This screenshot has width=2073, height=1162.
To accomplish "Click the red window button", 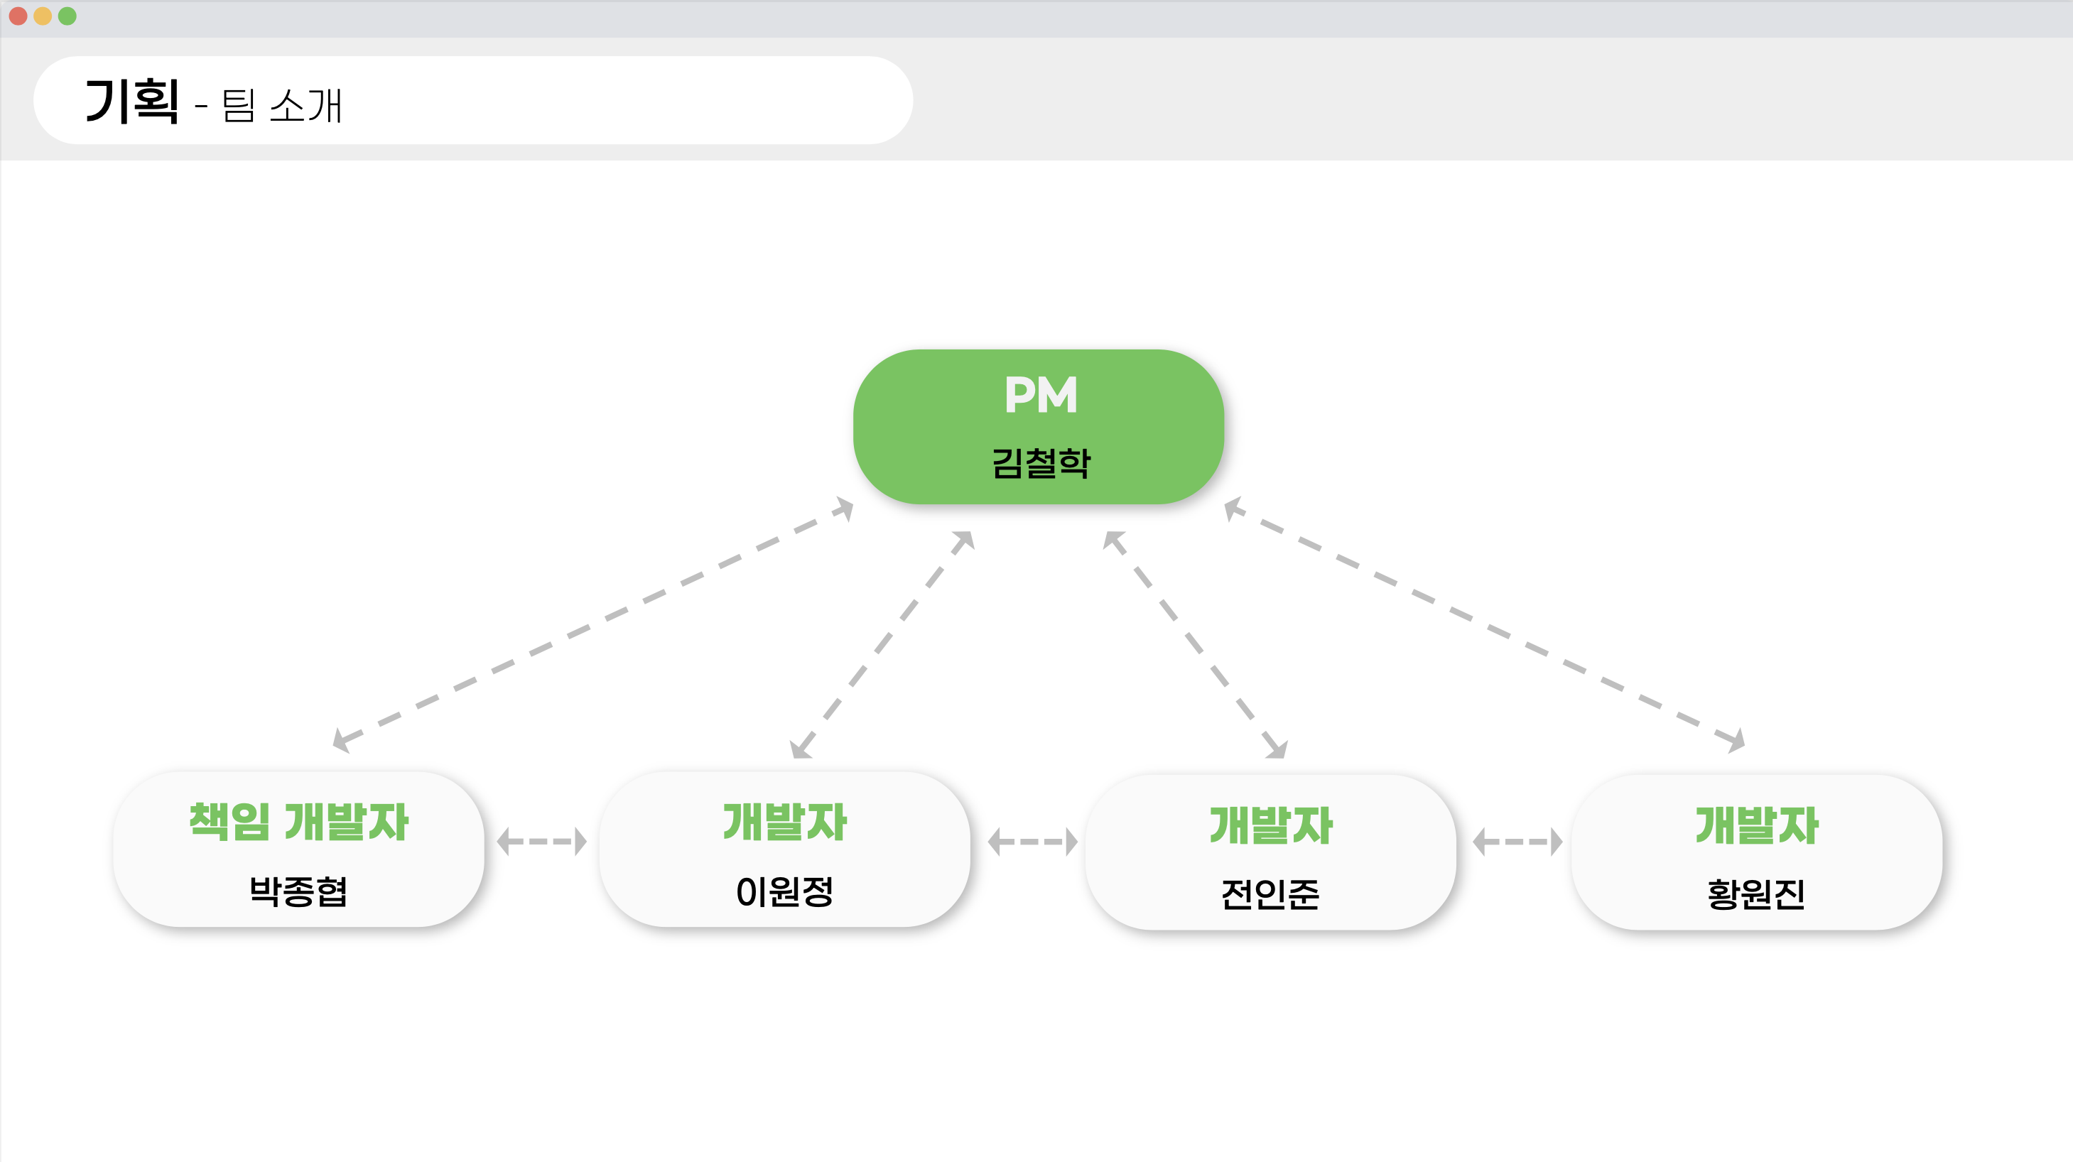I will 18,16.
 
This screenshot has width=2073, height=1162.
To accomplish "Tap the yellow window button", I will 43,16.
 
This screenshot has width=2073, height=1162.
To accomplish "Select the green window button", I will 67,16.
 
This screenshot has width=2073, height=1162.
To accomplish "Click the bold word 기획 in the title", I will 132,102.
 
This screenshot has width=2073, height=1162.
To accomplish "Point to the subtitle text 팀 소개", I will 281,105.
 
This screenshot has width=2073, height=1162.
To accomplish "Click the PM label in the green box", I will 1040,395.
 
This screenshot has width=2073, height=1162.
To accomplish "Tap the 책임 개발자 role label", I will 298,822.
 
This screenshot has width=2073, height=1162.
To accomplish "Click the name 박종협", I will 298,891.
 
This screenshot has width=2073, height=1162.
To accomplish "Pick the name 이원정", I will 784,891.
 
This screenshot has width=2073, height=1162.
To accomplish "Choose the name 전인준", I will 1270,894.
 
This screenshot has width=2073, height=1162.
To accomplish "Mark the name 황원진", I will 1756,894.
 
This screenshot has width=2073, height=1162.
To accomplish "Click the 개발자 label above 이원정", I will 784,822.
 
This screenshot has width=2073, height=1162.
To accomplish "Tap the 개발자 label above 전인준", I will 1270,825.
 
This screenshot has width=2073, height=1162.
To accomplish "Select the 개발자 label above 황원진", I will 1756,825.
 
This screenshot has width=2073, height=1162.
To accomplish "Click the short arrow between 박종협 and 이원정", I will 541,842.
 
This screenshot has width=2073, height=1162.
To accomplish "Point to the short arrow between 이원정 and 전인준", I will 1032,842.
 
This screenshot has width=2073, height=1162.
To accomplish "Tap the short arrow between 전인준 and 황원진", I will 1517,842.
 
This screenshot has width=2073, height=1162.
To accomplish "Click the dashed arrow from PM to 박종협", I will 593,624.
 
